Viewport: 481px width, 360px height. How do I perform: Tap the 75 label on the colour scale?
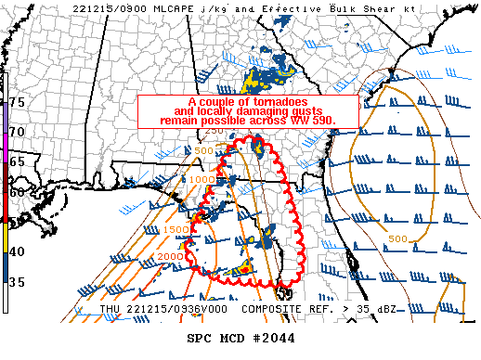pos(17,101)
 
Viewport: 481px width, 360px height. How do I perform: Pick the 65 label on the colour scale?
pos(17,161)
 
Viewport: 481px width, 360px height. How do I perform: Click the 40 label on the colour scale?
pos(17,251)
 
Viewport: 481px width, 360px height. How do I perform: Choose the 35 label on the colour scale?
pos(17,281)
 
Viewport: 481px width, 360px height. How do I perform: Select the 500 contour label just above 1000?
pos(204,149)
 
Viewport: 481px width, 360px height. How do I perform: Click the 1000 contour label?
pos(201,179)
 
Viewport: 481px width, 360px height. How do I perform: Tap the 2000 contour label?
pos(170,256)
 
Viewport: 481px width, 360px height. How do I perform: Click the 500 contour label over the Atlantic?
pos(398,239)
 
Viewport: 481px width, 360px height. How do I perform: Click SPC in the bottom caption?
pos(201,338)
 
